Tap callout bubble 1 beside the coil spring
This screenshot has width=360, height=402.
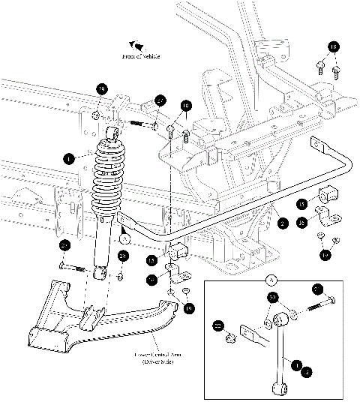pyautogui.click(x=69, y=158)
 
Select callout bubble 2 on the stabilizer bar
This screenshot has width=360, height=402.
pyautogui.click(x=282, y=222)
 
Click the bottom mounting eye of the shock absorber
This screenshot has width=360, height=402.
pyautogui.click(x=98, y=275)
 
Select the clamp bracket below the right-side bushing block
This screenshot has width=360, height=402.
pyautogui.click(x=327, y=220)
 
